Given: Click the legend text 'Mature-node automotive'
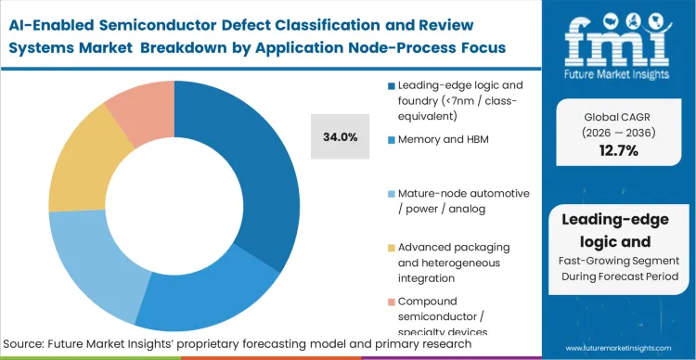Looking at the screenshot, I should point(463,193).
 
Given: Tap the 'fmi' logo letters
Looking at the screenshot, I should point(620,33).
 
